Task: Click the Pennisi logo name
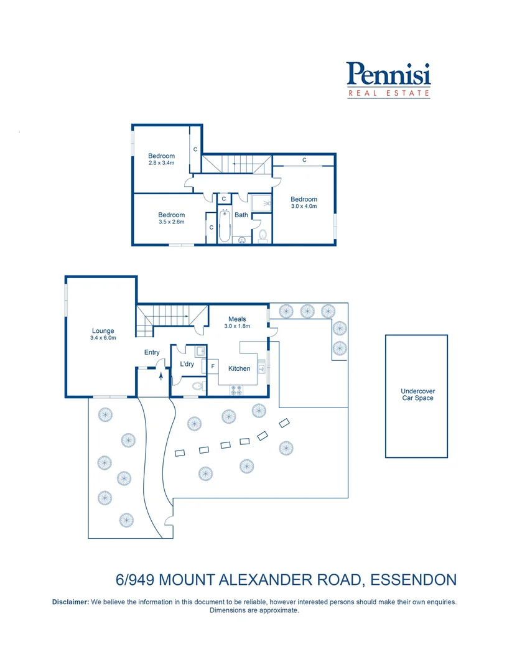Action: [388, 75]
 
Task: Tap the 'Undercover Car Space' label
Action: [416, 395]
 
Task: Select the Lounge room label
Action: [103, 331]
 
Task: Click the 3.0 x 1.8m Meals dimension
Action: [237, 326]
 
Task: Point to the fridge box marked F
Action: [213, 366]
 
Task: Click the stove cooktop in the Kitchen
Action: [237, 390]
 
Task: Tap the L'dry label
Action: [186, 363]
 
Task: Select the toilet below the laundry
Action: [196, 386]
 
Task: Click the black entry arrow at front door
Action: [161, 375]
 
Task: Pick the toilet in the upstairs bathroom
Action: [263, 235]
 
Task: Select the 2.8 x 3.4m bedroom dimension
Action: [161, 163]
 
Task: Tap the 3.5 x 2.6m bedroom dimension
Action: [171, 222]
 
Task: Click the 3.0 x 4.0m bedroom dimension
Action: [304, 207]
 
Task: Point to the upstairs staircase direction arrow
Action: [238, 164]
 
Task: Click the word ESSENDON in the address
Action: [413, 580]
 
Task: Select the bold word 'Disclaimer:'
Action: [70, 602]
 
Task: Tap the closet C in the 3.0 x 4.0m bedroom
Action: [304, 160]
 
